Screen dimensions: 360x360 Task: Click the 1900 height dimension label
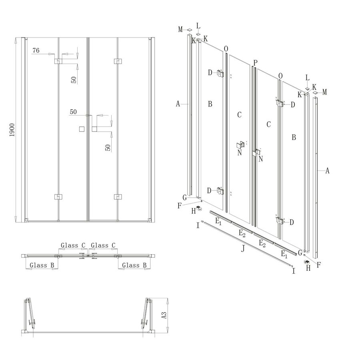[12, 130]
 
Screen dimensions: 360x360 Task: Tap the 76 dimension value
[36, 50]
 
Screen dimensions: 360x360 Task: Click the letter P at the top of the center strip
[255, 62]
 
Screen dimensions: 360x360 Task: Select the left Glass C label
[73, 245]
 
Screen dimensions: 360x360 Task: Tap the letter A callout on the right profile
[327, 171]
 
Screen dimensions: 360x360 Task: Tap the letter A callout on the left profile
[178, 104]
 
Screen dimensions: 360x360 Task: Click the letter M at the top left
[180, 29]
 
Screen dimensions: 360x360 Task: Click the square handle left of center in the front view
[82, 129]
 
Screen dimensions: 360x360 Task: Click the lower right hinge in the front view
[118, 197]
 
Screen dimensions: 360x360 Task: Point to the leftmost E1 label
[218, 220]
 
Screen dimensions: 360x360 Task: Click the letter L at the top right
[307, 78]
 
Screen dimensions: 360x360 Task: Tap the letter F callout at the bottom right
[319, 264]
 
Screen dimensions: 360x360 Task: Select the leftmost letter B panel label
[210, 104]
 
